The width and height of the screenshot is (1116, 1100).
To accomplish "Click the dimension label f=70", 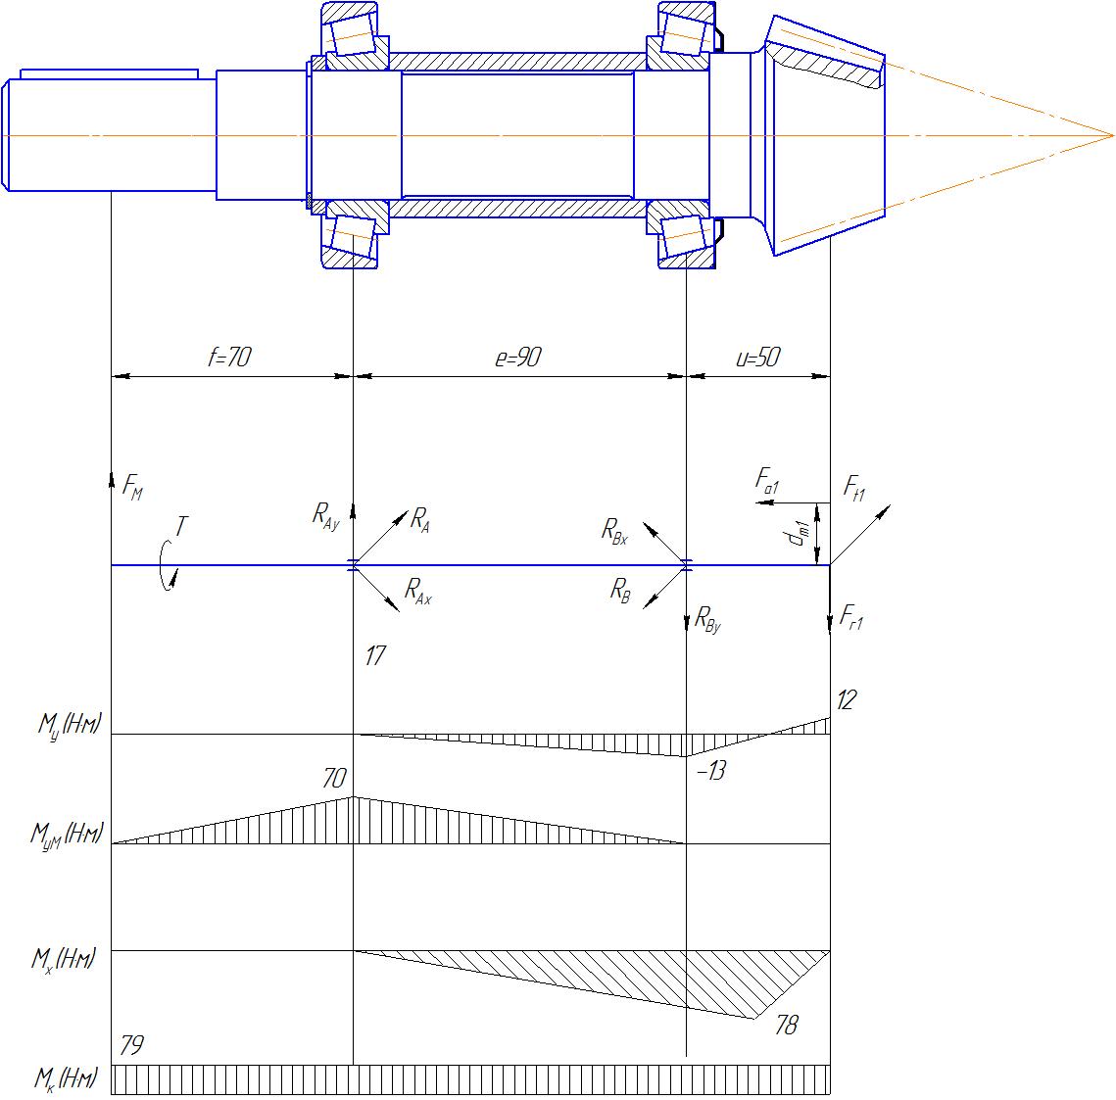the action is (229, 357).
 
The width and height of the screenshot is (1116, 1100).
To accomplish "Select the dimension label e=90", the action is (518, 357).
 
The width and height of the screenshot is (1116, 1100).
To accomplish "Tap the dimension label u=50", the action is (757, 357).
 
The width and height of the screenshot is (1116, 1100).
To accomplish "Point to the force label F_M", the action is (133, 488).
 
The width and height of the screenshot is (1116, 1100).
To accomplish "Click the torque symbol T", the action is (181, 527).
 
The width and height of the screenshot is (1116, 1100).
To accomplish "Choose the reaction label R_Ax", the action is (417, 591).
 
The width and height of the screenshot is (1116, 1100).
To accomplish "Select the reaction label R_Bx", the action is (615, 531).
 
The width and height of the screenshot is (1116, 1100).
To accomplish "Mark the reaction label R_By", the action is (707, 619).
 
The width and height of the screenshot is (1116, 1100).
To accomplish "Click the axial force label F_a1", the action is (767, 480).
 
